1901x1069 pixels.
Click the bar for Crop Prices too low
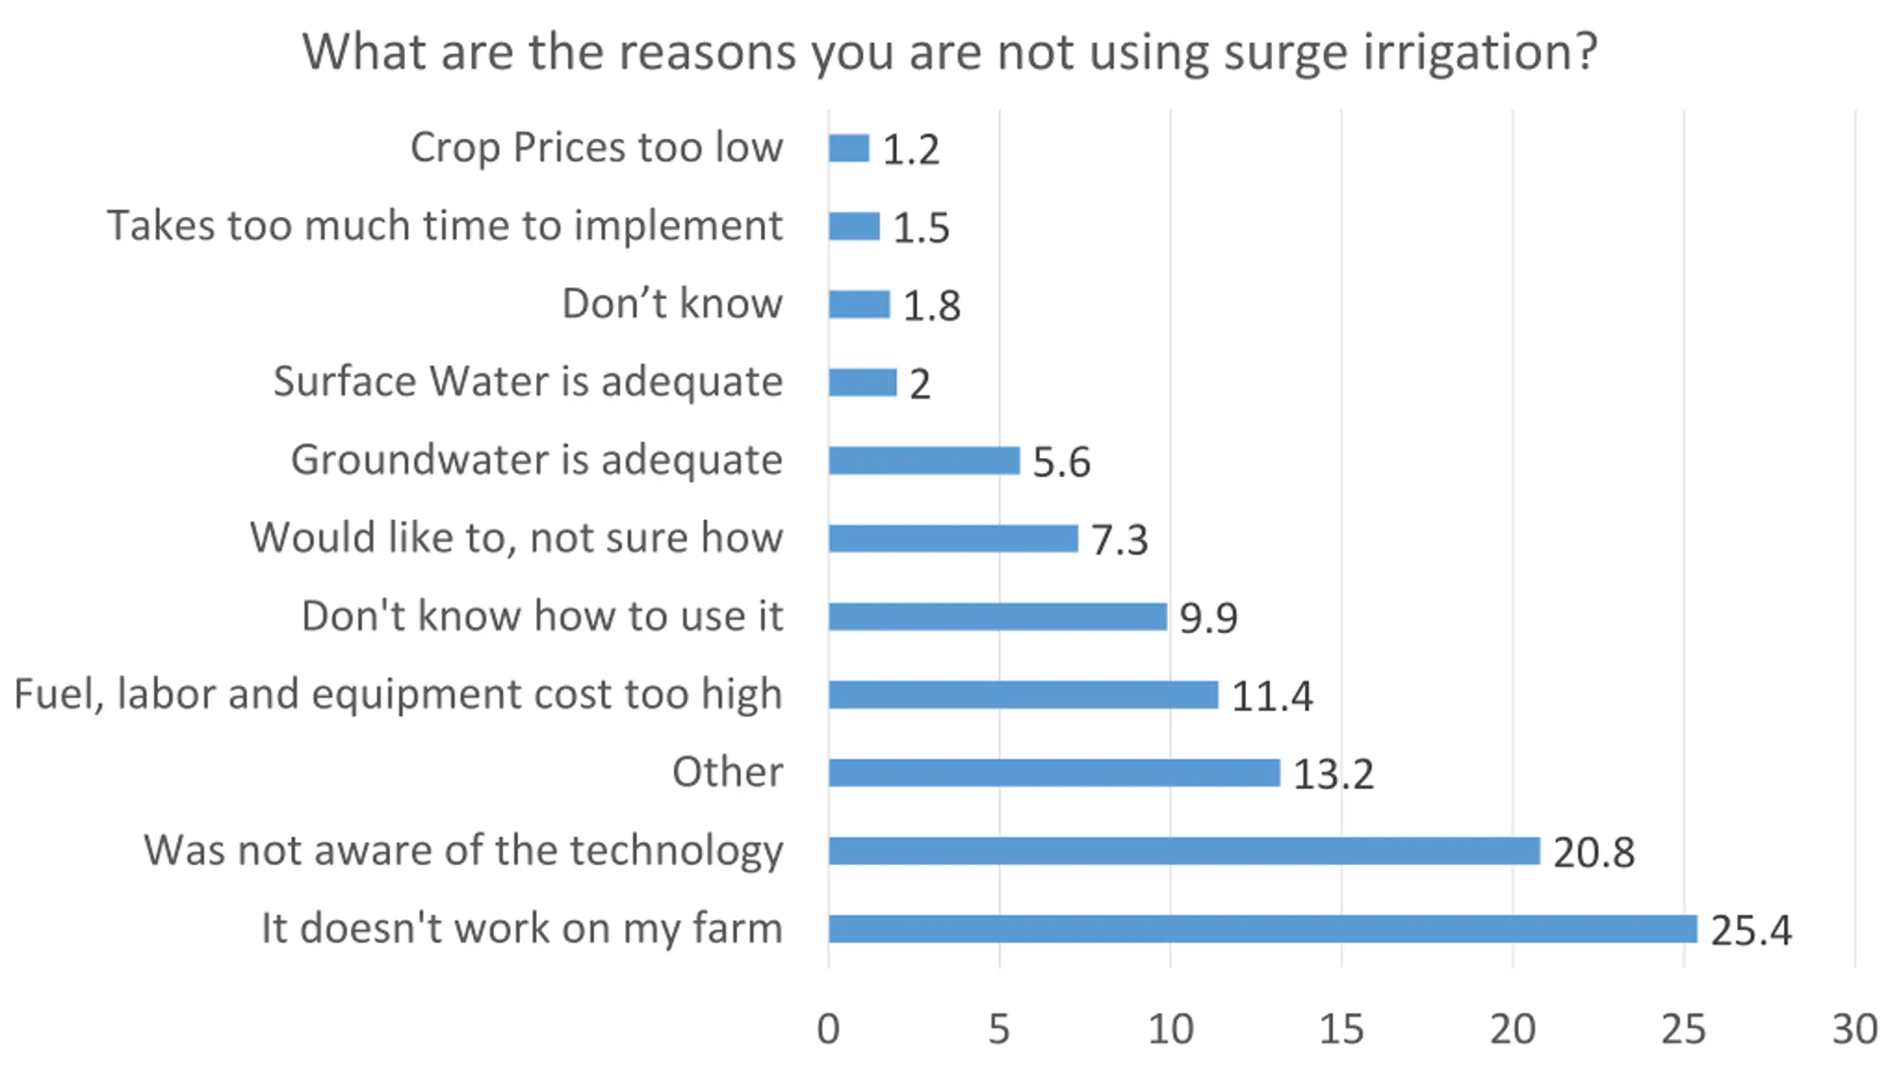(849, 148)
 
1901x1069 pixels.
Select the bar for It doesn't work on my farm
(1262, 929)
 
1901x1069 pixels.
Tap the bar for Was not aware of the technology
(1184, 851)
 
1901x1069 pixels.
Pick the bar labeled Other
(1054, 773)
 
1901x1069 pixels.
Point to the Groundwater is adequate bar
(924, 460)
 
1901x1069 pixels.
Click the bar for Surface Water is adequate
(862, 382)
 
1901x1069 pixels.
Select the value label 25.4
(1751, 930)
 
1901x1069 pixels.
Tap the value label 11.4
(1272, 696)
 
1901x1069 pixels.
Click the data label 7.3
(1119, 540)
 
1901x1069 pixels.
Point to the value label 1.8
(931, 306)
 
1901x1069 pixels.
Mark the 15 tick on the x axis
(1341, 1030)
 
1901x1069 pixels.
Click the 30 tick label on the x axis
(1854, 1030)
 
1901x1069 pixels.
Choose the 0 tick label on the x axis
(828, 1030)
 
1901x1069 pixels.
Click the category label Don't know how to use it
(542, 616)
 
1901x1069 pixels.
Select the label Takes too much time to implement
(445, 226)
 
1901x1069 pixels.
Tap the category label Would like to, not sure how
(516, 537)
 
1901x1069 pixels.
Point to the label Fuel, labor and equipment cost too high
(398, 695)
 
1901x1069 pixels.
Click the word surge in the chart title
(1285, 53)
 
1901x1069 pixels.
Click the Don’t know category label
(672, 304)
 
